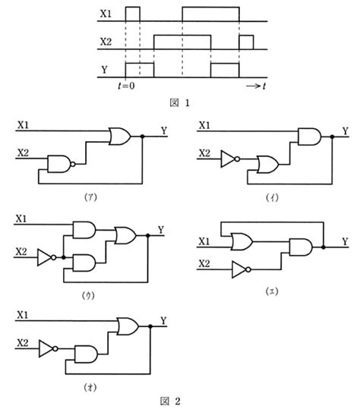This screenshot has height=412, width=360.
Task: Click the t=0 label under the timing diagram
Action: (126, 86)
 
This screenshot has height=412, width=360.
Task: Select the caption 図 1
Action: (179, 102)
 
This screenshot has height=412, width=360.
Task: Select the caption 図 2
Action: (170, 401)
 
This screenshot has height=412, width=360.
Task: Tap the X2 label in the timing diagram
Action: (106, 42)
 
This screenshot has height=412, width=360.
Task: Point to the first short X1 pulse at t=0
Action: (133, 14)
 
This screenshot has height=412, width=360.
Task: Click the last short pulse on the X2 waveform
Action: (246, 42)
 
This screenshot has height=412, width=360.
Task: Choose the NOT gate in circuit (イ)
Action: (230, 159)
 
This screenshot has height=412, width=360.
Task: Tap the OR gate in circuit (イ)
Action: (268, 165)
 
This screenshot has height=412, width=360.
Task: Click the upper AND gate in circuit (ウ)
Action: (84, 230)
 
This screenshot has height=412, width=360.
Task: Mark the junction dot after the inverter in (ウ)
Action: (63, 257)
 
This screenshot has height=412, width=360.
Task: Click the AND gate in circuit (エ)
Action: (301, 247)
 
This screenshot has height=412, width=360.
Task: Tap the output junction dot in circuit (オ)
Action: (150, 326)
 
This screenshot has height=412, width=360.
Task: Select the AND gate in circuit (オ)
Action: (86, 354)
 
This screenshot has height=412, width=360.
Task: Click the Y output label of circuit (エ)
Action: (346, 241)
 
